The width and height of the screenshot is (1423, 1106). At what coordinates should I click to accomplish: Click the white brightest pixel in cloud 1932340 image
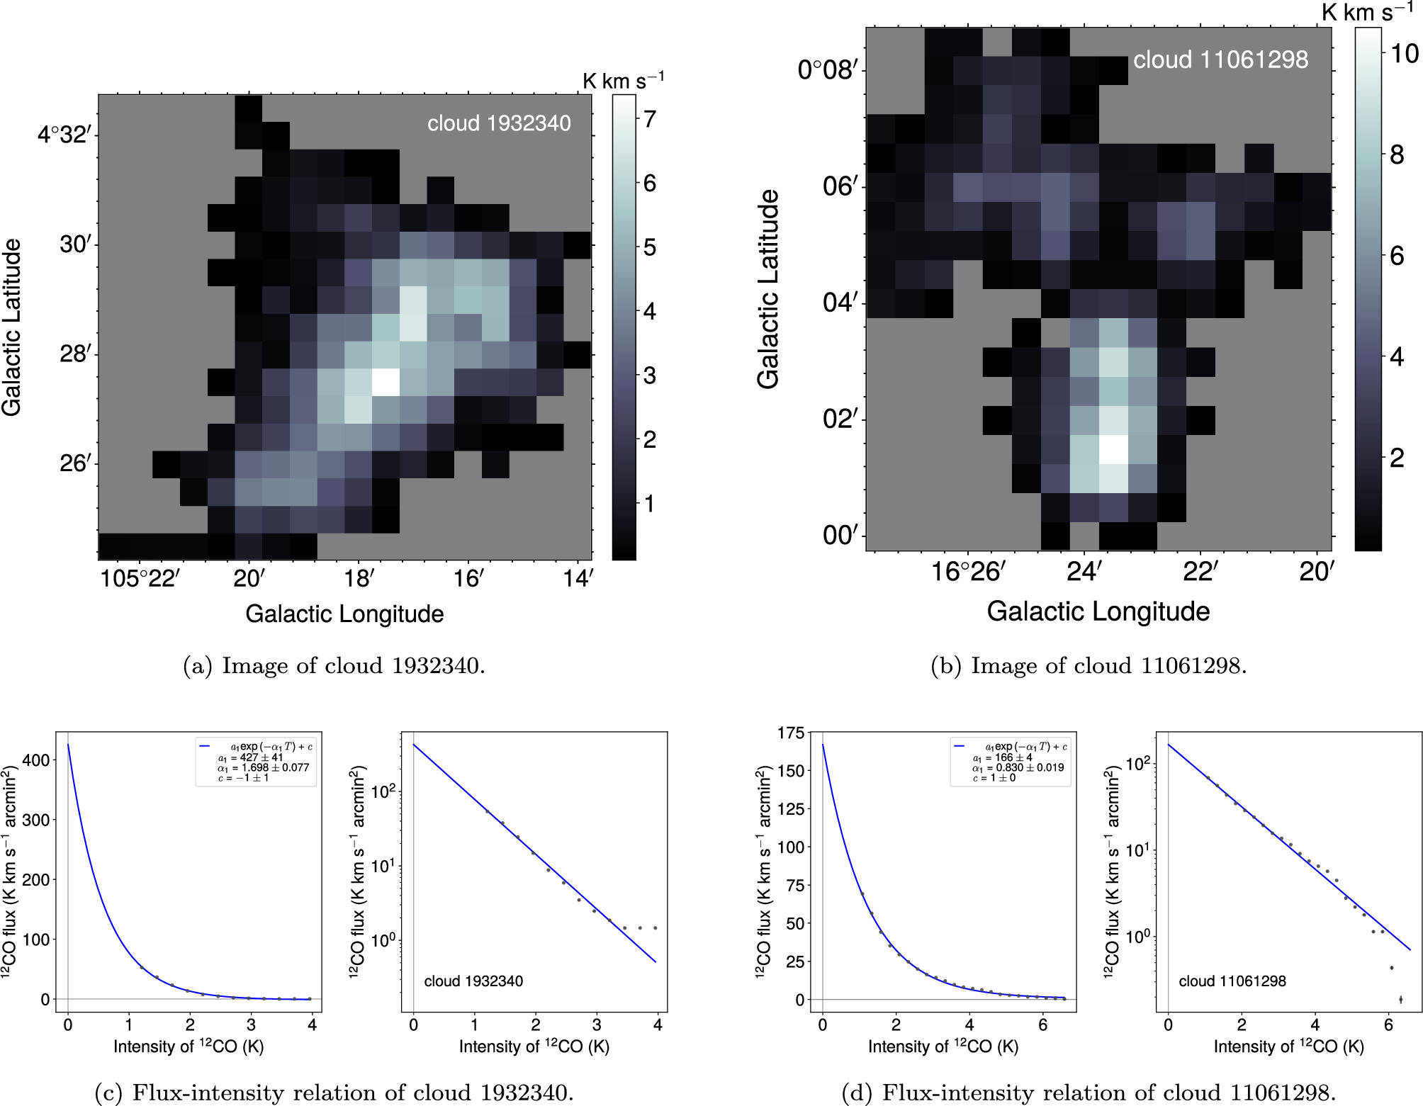[386, 382]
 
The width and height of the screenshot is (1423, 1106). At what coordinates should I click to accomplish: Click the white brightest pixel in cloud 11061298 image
[1113, 449]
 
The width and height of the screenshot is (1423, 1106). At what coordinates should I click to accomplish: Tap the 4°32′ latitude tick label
[64, 134]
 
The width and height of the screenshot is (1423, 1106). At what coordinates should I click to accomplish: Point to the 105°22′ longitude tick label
[140, 578]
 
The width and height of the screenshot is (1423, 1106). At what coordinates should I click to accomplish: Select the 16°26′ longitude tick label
[967, 571]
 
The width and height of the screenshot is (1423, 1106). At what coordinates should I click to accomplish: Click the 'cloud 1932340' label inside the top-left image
[499, 123]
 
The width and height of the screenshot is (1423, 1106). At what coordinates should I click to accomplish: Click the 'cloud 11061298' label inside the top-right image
[1220, 60]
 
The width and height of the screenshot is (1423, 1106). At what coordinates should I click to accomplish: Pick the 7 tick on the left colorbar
[650, 119]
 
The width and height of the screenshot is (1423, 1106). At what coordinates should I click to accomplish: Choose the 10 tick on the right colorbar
[1404, 54]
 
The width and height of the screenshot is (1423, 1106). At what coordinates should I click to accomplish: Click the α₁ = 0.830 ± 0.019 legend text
[1018, 767]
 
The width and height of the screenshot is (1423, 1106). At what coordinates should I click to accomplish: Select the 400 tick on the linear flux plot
[36, 760]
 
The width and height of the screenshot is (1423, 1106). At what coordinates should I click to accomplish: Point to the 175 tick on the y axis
[791, 733]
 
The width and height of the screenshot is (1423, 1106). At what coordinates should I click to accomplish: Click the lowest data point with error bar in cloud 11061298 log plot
[1400, 1000]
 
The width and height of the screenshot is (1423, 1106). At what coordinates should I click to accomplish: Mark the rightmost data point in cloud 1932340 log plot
[656, 927]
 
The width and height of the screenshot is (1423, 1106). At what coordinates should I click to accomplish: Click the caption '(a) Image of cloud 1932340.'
[334, 666]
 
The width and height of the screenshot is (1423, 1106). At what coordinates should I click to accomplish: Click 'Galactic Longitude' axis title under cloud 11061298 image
[1098, 611]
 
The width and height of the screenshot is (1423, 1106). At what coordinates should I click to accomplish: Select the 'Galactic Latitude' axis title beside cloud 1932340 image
[11, 327]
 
